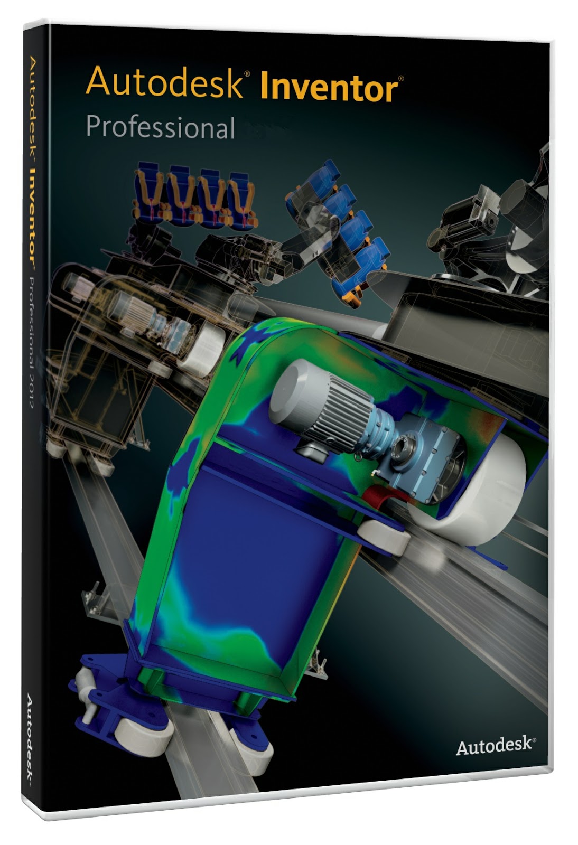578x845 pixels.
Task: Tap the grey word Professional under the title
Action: point(160,127)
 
